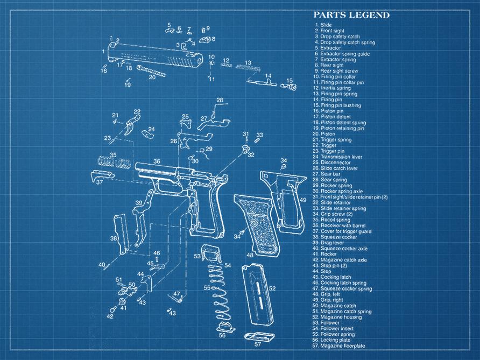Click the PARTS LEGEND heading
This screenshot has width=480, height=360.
(x=351, y=15)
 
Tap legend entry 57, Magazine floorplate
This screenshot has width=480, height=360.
(x=342, y=345)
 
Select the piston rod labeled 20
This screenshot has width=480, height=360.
(x=151, y=70)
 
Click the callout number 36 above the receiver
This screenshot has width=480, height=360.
(x=156, y=161)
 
